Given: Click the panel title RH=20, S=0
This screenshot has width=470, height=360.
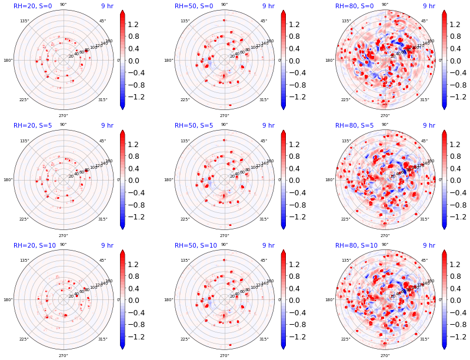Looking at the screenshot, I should click(x=32, y=6).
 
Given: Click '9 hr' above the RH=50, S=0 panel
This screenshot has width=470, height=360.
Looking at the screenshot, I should click(x=268, y=6).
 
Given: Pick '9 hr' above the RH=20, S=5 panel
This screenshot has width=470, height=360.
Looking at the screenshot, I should click(x=107, y=126).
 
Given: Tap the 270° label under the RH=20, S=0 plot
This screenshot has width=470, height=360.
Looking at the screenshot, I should click(x=63, y=116).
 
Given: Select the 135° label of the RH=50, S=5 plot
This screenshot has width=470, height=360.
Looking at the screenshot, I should click(x=185, y=141).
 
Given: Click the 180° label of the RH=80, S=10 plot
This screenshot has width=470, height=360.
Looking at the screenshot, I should click(x=330, y=300).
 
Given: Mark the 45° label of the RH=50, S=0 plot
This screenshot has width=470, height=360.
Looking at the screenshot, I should click(x=264, y=21).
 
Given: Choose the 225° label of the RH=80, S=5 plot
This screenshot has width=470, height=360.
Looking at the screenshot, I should click(x=346, y=219).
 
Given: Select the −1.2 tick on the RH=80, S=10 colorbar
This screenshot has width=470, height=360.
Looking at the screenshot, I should click(x=459, y=336).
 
